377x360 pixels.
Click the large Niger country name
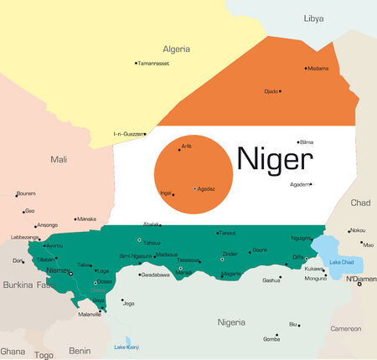275,157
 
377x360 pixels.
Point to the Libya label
313,18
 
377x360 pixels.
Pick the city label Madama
320,69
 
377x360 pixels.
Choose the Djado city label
271,91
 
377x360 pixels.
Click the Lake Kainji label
127,347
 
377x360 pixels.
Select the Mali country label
59,159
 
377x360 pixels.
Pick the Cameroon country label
344,329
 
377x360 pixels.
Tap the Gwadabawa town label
155,275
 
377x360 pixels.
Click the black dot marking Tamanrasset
136,63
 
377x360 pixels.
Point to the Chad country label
360,203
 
